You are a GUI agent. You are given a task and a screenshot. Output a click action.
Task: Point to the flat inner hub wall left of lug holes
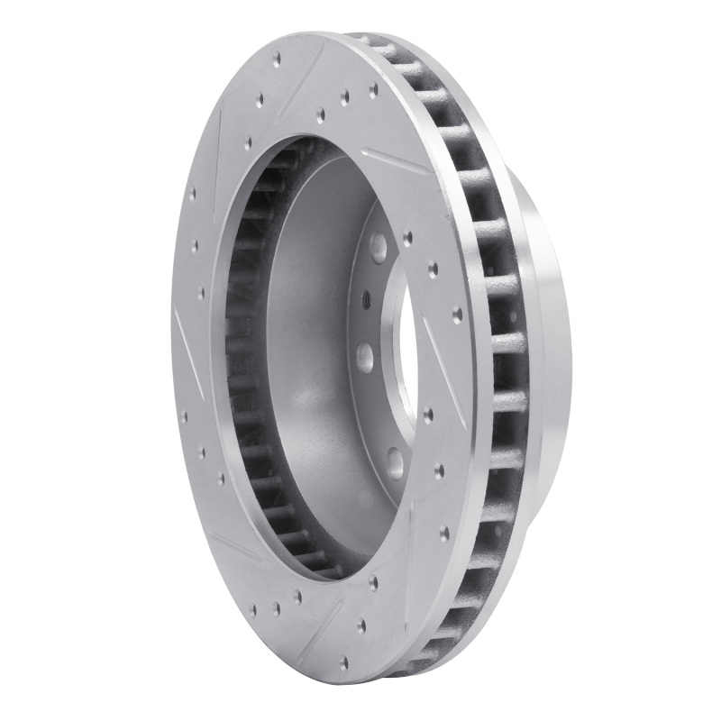click(x=315, y=360)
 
